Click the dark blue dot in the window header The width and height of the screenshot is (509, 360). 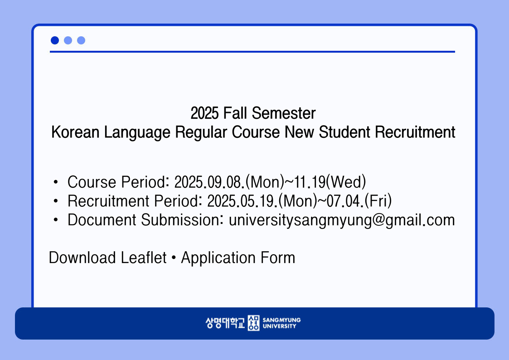55,40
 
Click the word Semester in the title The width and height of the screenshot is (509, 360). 283,113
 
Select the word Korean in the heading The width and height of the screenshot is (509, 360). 75,132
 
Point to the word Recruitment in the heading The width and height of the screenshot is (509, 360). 415,132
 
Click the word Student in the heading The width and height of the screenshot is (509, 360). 344,132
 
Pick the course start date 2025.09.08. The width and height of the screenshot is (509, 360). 209,182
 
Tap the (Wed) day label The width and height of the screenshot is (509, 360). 346,182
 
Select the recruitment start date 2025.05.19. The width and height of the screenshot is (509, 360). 242,201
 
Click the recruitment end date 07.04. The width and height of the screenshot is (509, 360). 345,201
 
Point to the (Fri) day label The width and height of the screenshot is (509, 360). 378,201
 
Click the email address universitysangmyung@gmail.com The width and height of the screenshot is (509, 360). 342,220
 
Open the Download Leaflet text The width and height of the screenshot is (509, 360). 108,258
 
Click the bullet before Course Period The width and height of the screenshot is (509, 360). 56,182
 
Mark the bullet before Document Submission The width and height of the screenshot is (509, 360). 56,220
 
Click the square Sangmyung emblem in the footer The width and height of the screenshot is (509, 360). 253,323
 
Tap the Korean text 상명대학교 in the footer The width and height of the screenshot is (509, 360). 225,323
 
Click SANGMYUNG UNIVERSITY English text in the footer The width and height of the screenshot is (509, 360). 281,323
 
